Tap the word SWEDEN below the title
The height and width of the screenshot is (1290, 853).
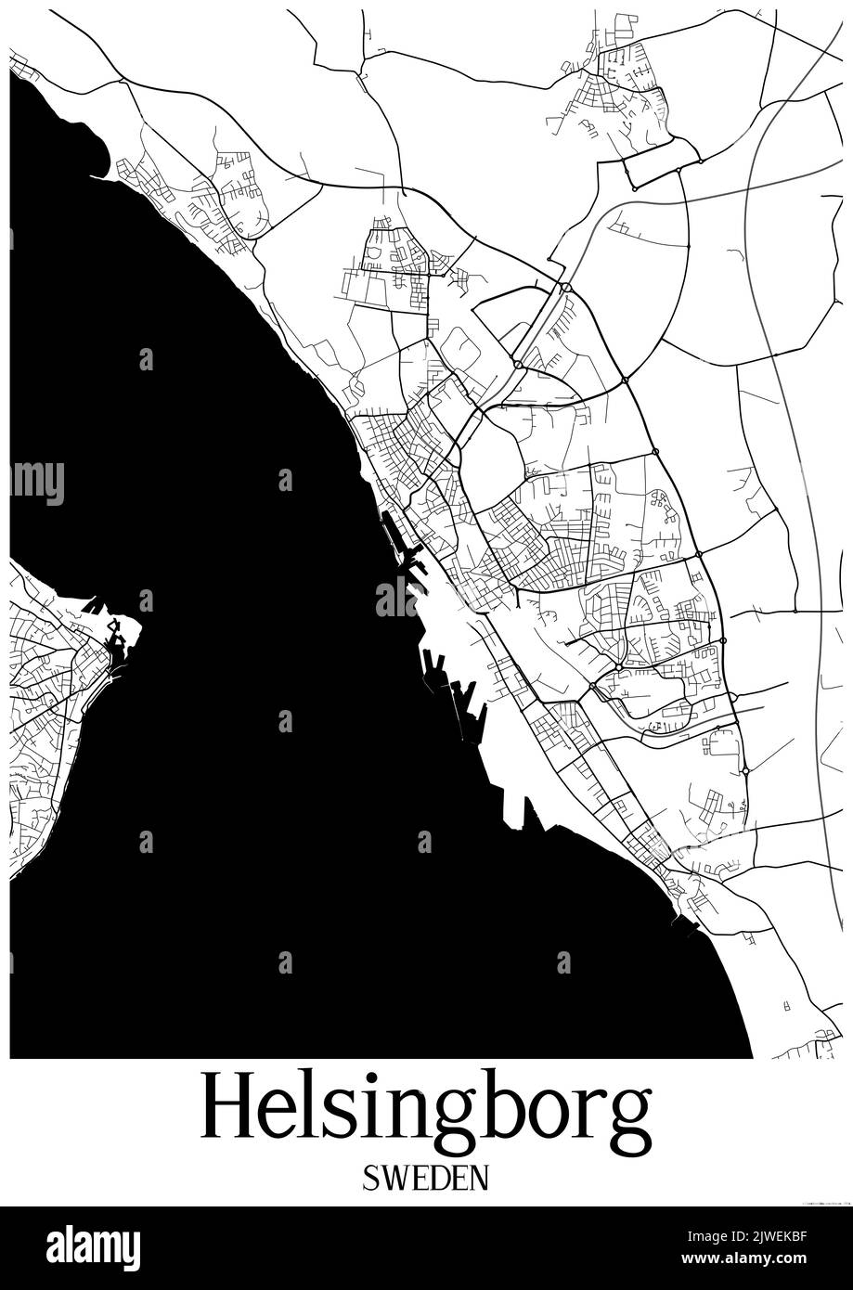(426, 1179)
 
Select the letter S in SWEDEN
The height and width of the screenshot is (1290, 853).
(371, 1179)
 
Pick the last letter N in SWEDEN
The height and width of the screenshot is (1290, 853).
(477, 1179)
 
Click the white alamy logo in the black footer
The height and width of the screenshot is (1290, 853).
(93, 1247)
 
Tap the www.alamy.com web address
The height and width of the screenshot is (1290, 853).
(763, 1259)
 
